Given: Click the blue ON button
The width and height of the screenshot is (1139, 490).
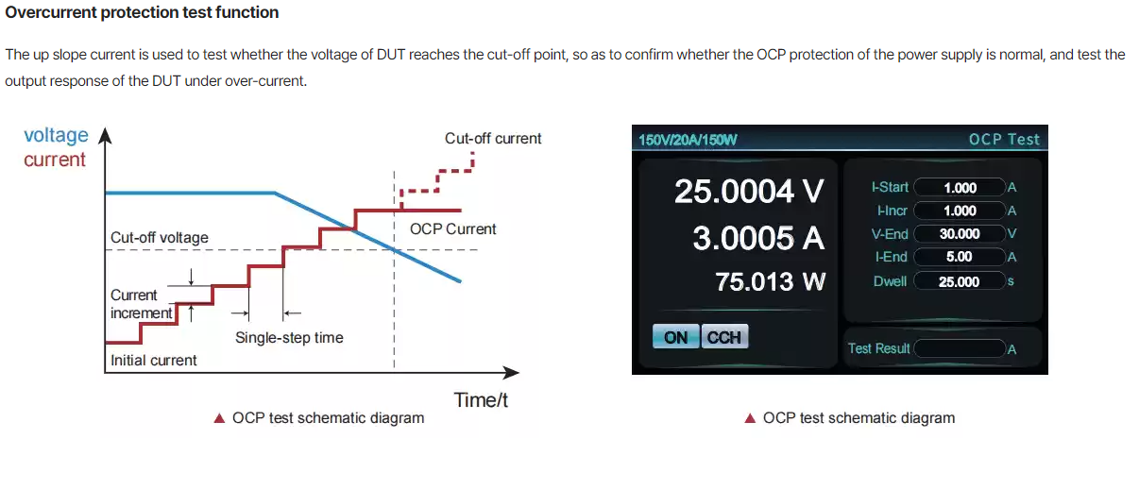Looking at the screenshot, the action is [x=676, y=336].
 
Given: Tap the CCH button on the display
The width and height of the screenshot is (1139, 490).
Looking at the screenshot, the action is [x=724, y=336].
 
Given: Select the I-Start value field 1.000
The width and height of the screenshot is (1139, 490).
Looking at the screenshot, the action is [x=960, y=188].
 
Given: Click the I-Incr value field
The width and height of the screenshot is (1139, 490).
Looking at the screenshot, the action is [x=960, y=211].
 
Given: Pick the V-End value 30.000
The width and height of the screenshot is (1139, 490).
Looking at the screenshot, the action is [x=960, y=234].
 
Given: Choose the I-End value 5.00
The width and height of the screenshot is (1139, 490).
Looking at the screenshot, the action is [x=960, y=257].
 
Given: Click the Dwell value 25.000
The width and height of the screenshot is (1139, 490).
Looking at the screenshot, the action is [x=960, y=281].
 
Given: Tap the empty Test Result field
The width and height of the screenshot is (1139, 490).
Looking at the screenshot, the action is [x=960, y=348].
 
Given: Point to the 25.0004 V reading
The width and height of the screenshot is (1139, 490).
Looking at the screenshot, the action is [x=749, y=191].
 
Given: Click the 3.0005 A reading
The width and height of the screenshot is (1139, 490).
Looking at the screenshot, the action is [x=758, y=238].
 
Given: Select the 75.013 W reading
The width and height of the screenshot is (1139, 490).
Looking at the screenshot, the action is [x=770, y=281].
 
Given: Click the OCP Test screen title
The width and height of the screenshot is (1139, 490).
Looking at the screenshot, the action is [x=1004, y=140].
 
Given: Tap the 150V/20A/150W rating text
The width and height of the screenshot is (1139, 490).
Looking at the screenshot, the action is [x=688, y=140].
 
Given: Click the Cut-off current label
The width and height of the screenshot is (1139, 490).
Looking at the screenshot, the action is [x=493, y=138].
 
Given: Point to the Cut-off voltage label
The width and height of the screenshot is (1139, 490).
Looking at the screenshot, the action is [x=160, y=237].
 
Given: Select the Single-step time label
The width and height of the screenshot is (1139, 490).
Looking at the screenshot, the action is [x=289, y=337].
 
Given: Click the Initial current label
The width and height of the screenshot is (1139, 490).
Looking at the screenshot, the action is [x=154, y=361].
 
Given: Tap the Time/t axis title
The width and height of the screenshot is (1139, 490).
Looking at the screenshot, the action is [x=481, y=400].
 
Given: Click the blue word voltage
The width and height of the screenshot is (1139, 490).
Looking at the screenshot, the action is [x=56, y=136].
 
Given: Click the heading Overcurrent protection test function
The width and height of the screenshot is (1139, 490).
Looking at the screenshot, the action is [x=142, y=12].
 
